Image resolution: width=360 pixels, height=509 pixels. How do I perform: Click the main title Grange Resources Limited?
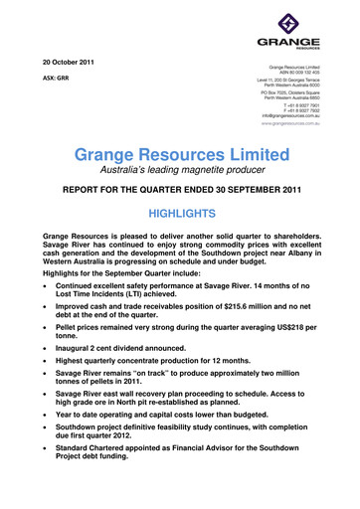coord(180,156)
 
